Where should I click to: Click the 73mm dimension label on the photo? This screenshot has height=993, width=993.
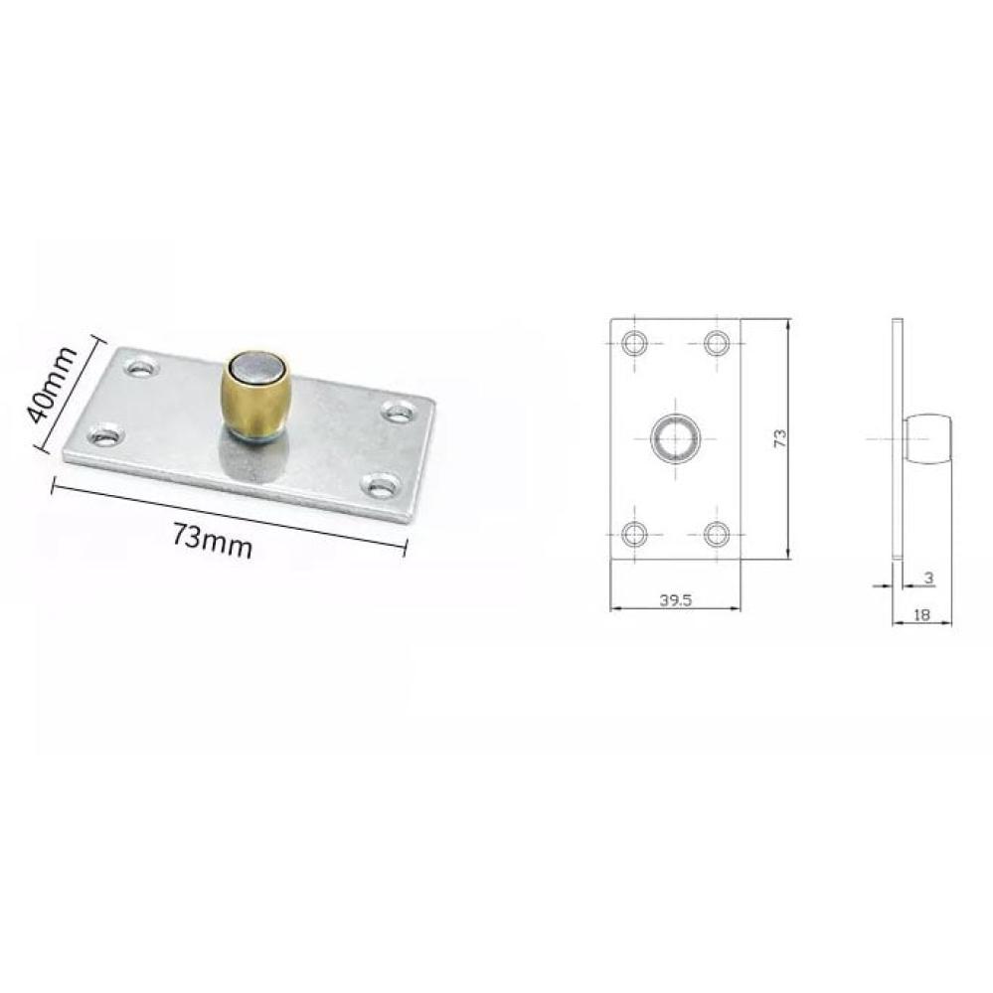[212, 541]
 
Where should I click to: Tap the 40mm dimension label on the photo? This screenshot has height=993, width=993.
[52, 385]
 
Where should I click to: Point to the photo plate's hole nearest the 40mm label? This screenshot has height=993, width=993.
[143, 367]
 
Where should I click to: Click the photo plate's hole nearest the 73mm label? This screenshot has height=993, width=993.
[105, 435]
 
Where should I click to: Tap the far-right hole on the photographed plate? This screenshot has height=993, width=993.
[398, 414]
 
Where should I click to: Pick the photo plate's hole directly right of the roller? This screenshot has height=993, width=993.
[398, 414]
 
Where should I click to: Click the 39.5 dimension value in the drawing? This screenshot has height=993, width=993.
[676, 599]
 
